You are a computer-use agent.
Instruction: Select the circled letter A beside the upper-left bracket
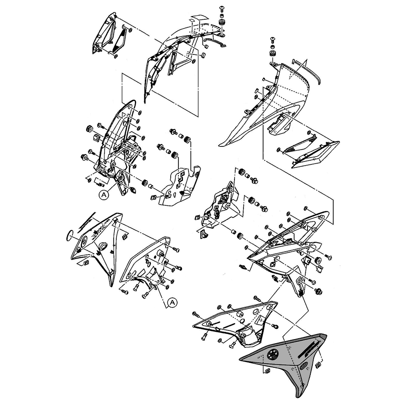[x=104, y=195]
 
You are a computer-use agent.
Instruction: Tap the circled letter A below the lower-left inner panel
[x=173, y=303]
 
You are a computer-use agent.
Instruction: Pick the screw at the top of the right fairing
[x=273, y=40]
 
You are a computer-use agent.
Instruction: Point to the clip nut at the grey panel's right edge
[x=319, y=363]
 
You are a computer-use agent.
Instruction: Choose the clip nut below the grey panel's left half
[x=266, y=371]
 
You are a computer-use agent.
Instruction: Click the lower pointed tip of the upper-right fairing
[x=220, y=145]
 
